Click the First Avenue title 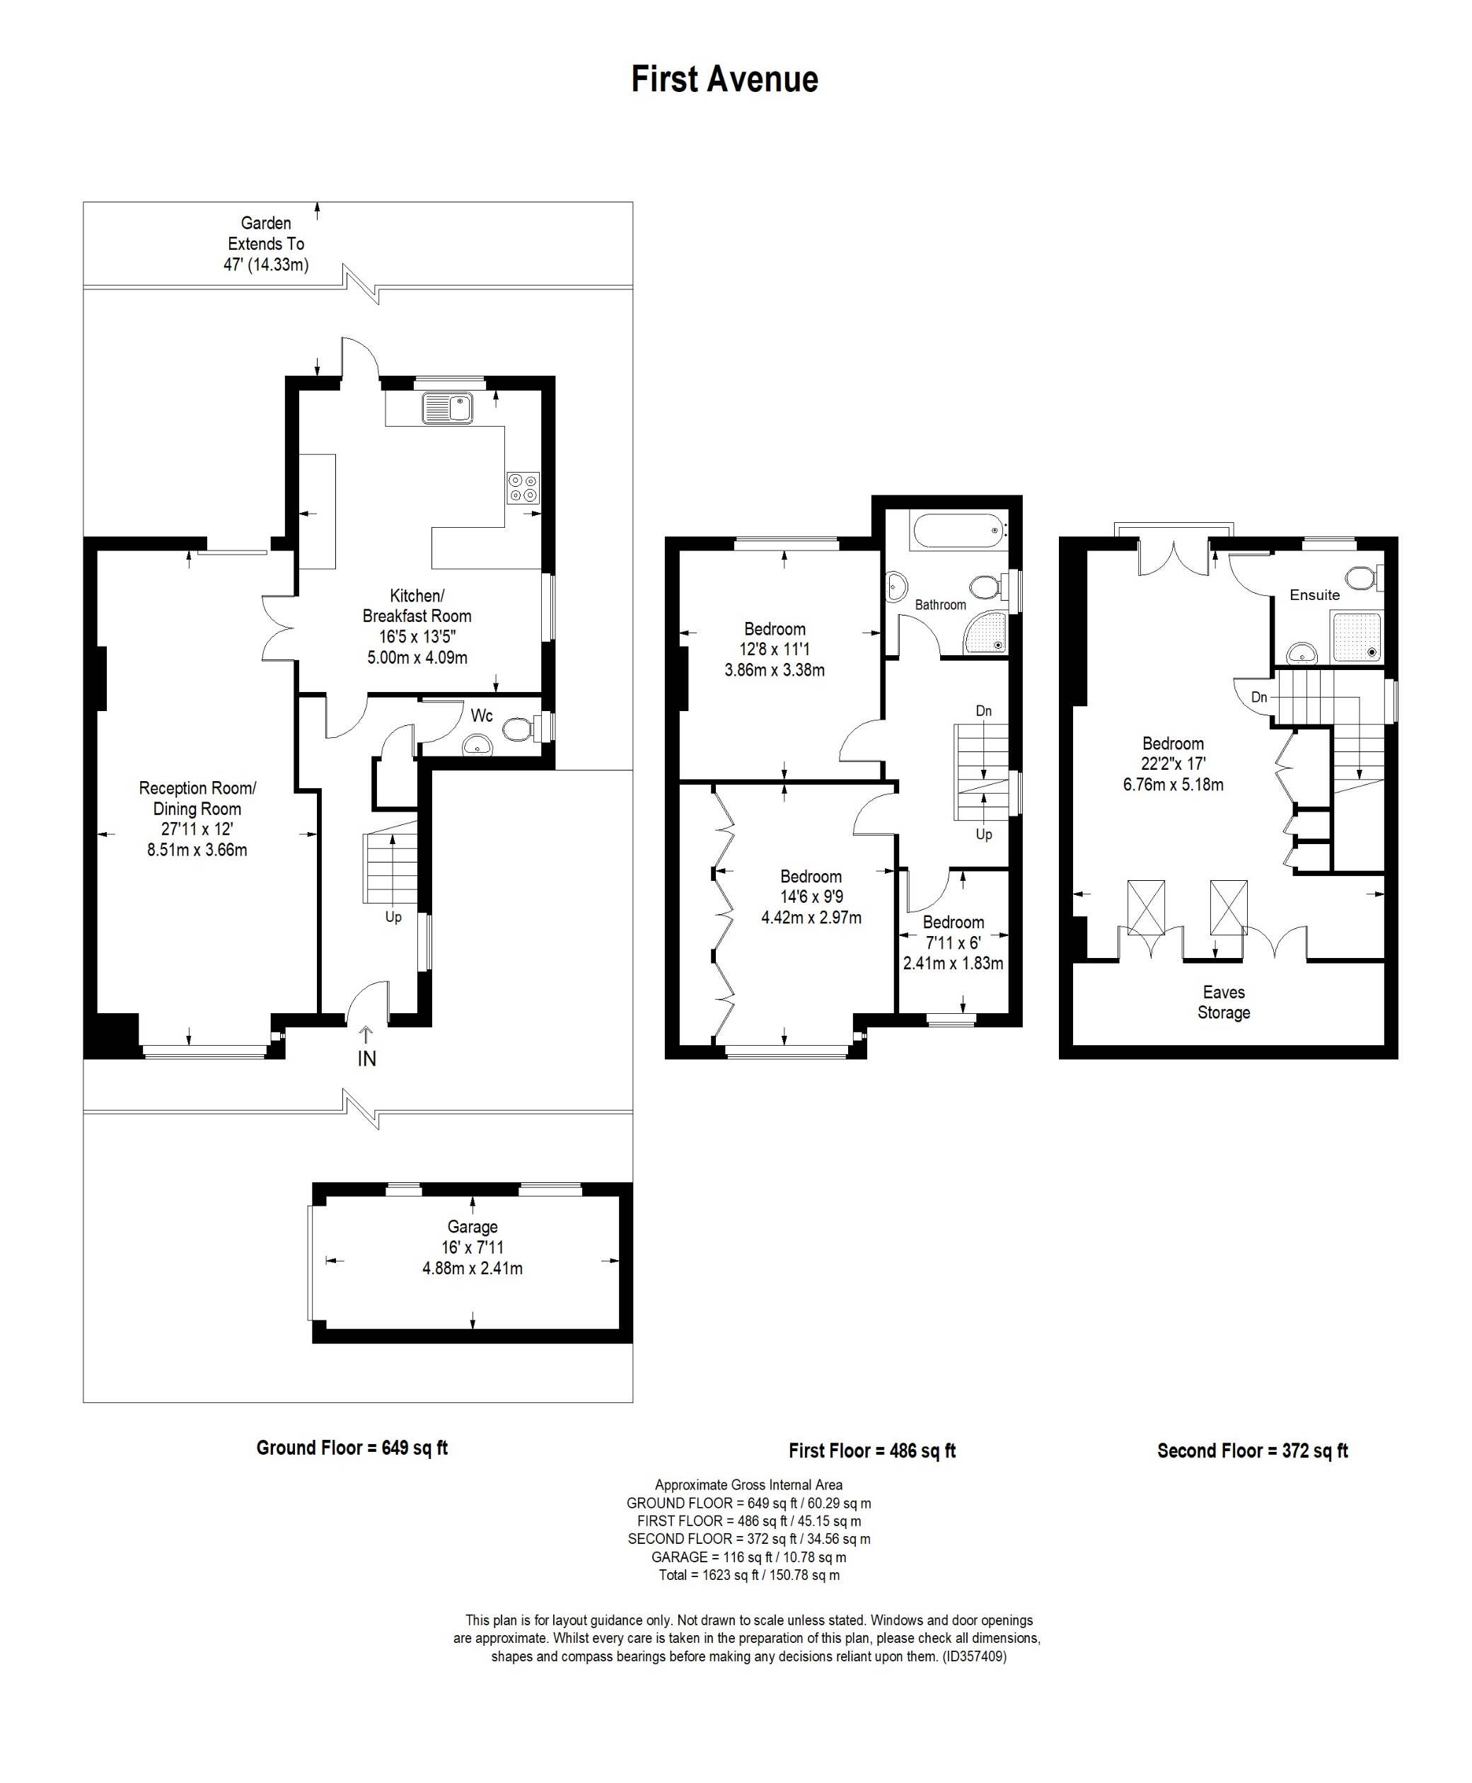click(x=724, y=80)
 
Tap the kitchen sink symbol click(x=447, y=408)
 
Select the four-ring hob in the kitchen click(x=522, y=487)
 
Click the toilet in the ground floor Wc click(x=518, y=729)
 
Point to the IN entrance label click(x=366, y=1058)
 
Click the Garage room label click(x=473, y=1227)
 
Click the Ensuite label click(x=1314, y=594)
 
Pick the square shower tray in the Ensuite click(x=1357, y=637)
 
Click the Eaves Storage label click(x=1224, y=1002)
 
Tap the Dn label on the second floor click(x=1259, y=697)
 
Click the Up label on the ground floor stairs click(x=393, y=917)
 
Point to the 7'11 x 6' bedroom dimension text click(x=952, y=942)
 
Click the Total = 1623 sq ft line click(x=748, y=1575)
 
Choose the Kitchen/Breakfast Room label click(x=417, y=606)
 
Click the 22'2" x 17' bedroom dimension click(x=1173, y=763)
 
